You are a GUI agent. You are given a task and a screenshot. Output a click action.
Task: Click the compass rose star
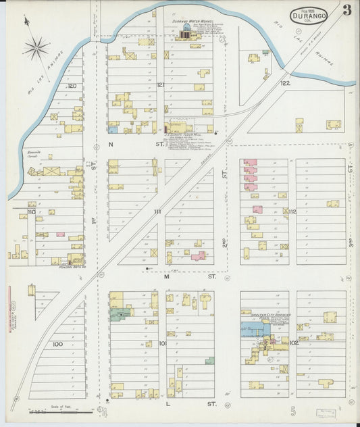click(x=35, y=47)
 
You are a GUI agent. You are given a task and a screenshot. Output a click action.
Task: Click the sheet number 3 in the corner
click(x=346, y=10)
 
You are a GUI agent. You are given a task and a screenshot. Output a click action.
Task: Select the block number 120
click(x=71, y=86)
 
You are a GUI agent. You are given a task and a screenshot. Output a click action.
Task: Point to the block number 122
click(x=286, y=83)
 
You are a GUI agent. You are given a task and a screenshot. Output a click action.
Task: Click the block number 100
click(x=57, y=344)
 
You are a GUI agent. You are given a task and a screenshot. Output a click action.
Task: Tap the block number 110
click(x=32, y=211)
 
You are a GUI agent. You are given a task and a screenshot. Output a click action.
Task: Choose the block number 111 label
click(x=157, y=211)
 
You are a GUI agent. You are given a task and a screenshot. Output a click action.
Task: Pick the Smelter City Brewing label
click(x=261, y=313)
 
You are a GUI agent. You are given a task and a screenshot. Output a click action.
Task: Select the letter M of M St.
click(x=167, y=276)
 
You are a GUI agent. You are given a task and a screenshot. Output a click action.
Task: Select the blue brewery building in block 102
click(x=255, y=329)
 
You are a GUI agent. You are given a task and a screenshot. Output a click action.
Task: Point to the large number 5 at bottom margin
click(x=292, y=409)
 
